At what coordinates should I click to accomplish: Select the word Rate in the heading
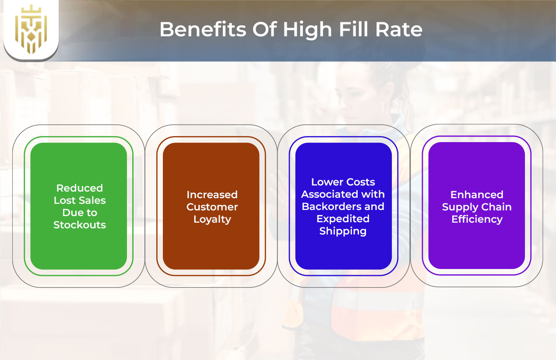point(400,29)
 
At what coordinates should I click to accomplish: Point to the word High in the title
point(306,29)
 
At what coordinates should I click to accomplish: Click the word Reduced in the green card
point(80,188)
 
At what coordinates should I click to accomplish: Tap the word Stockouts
point(80,225)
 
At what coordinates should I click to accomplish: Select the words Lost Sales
point(80,200)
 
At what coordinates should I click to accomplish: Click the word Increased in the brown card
point(212,195)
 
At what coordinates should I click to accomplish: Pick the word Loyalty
point(212,219)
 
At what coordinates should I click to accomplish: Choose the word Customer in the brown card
point(212,207)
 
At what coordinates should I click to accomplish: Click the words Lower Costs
point(343,182)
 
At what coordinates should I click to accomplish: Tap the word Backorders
point(331,206)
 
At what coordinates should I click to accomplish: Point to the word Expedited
point(343,219)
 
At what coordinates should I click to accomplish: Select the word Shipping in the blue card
point(343,231)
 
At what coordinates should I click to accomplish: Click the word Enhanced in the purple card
point(477,195)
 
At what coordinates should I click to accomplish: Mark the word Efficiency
point(477,219)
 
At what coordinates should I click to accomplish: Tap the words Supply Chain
point(477,207)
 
